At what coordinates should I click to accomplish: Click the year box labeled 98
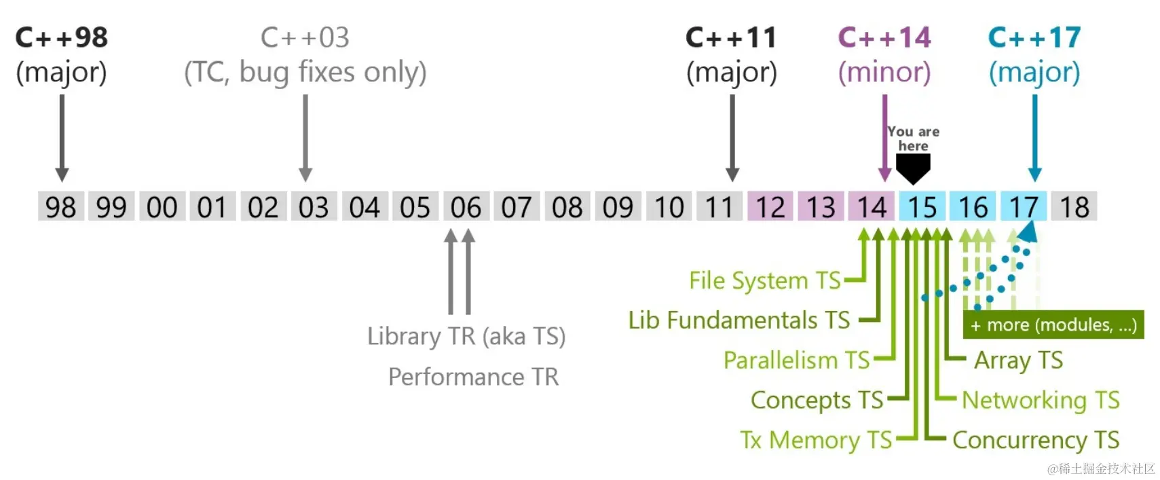pos(60,206)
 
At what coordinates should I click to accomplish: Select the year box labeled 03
pos(314,206)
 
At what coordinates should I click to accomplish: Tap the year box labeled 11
pos(719,206)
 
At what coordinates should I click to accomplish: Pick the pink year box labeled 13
pos(821,206)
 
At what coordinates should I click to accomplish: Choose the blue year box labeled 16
pos(973,206)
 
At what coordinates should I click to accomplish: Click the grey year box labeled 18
pos(1074,206)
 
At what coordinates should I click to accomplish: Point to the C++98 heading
pos(61,38)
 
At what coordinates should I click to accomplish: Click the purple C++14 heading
pos(884,38)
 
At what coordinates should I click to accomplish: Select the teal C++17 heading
pos(1034,38)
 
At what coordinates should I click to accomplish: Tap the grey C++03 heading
pos(305,38)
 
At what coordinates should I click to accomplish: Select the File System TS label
pos(765,280)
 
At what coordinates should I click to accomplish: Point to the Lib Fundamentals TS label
pos(738,320)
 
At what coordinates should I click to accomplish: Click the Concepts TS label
pos(817,400)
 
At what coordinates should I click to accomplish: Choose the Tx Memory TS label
pos(816,440)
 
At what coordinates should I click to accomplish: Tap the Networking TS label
pos(1041,400)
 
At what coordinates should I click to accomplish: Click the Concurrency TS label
pos(1036,440)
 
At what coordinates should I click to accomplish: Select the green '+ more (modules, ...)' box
pos(1053,325)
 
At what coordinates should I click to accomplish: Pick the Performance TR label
pos(473,377)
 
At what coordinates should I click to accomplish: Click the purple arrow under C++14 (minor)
pos(884,136)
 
